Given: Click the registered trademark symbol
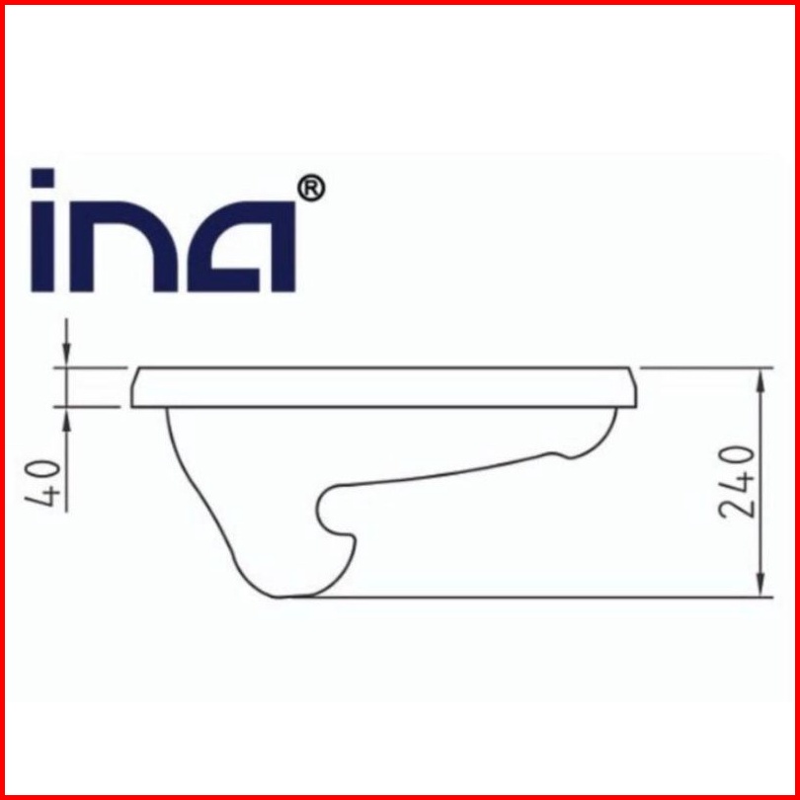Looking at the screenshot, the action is (x=311, y=189).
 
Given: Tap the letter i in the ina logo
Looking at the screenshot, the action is (x=42, y=230).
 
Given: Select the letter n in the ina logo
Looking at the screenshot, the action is (x=123, y=247).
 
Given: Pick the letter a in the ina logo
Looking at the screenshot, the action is (x=241, y=247).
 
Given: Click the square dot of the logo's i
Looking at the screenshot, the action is (x=42, y=178).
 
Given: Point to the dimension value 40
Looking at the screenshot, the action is (x=42, y=483).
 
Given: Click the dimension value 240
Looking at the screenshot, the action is (x=736, y=483).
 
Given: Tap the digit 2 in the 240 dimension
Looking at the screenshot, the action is (x=736, y=509).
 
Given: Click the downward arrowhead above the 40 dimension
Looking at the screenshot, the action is (x=66, y=353).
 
